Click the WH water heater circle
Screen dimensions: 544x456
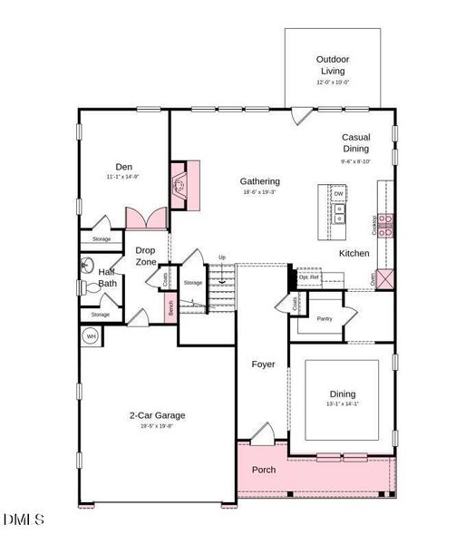tap(91, 336)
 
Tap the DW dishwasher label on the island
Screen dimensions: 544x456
tap(338, 194)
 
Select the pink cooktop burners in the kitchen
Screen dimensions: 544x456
tap(386, 225)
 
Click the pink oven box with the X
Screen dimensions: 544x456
tap(385, 278)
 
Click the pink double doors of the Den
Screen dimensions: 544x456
tap(146, 218)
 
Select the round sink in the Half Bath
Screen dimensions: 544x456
tap(86, 264)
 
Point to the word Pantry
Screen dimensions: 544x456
tap(325, 318)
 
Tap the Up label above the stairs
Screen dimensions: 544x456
tap(221, 257)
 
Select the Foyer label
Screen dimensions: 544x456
tap(263, 364)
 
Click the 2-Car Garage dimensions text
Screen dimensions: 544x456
tap(157, 426)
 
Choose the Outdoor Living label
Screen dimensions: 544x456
tap(333, 64)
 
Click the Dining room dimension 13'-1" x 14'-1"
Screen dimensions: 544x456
tap(343, 405)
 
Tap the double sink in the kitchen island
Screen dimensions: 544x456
tap(338, 214)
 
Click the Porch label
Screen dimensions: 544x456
tap(264, 470)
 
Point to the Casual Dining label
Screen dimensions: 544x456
tap(355, 142)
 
